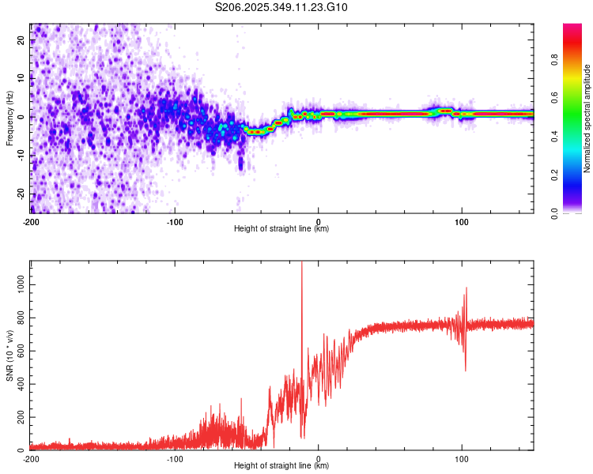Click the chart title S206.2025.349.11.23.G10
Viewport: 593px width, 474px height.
tap(282, 7)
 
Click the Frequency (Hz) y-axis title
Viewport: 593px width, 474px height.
tap(10, 118)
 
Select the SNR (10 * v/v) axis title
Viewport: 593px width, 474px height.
tap(10, 355)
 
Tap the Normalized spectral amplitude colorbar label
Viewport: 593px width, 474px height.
tap(587, 118)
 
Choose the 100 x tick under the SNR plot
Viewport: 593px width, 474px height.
tap(462, 459)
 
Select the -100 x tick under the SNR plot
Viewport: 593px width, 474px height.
tap(175, 459)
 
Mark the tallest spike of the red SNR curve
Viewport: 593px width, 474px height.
tap(301, 264)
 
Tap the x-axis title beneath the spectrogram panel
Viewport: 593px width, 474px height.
tap(281, 230)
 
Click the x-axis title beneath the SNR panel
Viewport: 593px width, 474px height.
tap(281, 467)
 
